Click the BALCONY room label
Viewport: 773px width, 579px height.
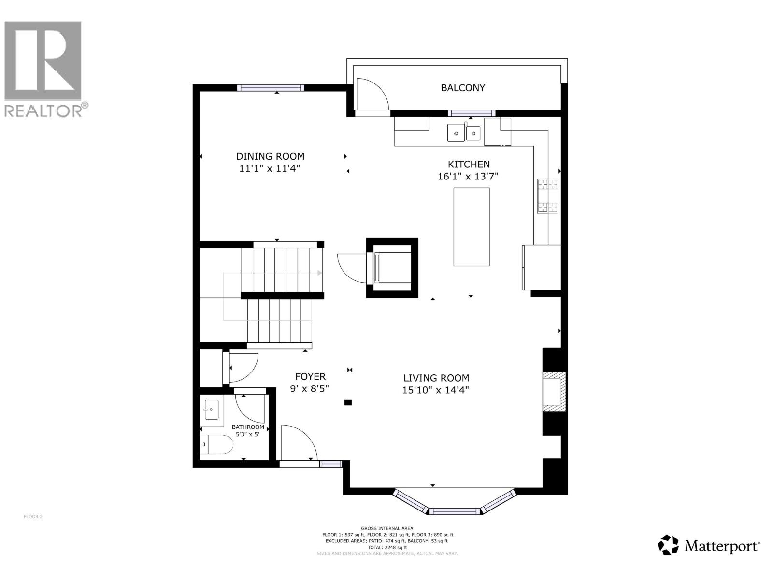point(462,88)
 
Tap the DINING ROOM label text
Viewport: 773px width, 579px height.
point(270,156)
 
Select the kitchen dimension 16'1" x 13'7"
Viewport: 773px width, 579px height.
point(468,176)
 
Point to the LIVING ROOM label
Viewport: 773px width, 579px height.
point(436,378)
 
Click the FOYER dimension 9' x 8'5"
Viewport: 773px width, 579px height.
point(309,389)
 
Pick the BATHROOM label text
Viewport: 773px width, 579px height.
point(247,427)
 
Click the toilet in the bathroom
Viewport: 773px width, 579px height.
point(216,444)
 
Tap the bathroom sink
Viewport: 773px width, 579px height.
point(212,410)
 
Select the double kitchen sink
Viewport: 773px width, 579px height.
point(463,133)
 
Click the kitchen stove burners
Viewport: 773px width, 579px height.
point(547,196)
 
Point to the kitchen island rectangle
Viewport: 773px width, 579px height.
point(471,227)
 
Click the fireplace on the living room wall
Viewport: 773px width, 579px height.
point(554,391)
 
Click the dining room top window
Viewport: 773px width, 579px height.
point(270,88)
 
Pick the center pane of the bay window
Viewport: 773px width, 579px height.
point(454,511)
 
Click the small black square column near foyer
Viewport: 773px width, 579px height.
point(348,402)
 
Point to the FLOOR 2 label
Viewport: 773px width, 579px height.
point(33,516)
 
